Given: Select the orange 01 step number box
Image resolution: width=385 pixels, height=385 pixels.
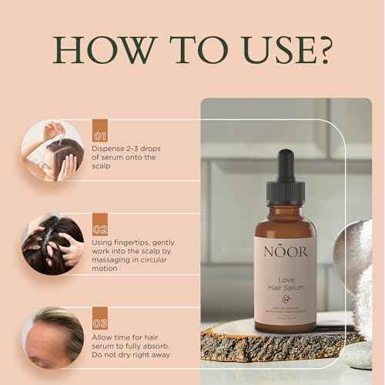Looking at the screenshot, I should coord(99,128).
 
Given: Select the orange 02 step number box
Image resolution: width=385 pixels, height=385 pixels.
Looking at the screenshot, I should coord(99,229).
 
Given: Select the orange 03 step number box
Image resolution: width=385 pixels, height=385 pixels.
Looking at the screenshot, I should coord(99,323).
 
